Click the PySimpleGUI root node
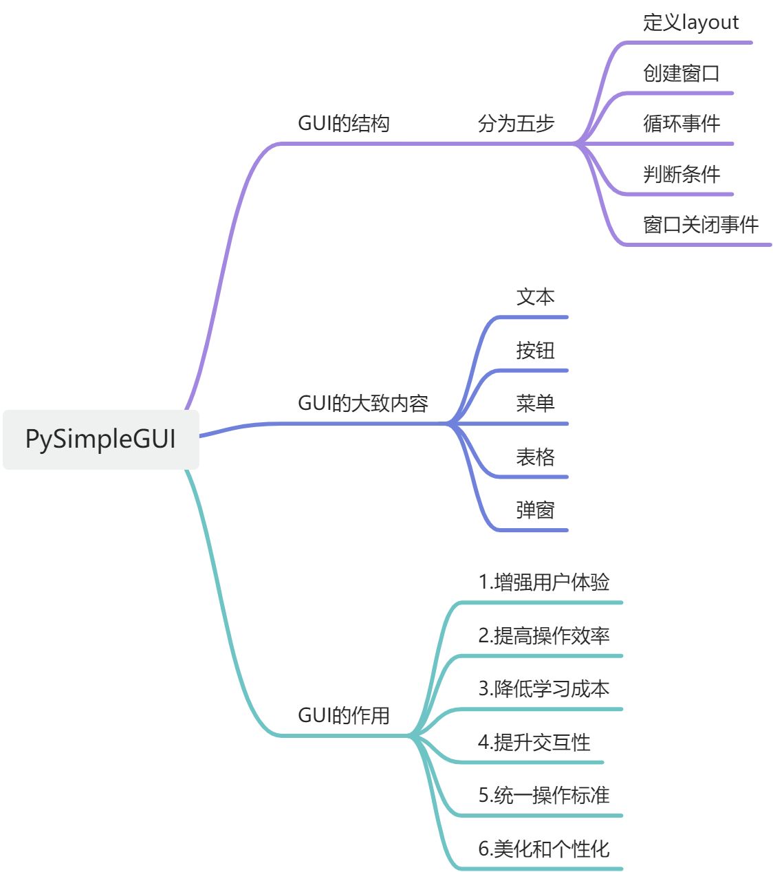pyautogui.click(x=100, y=439)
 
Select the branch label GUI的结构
pyautogui.click(x=343, y=124)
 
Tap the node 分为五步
pyautogui.click(x=516, y=124)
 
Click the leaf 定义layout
pyautogui.click(x=690, y=23)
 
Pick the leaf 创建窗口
pyautogui.click(x=681, y=73)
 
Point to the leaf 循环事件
pyautogui.click(x=681, y=124)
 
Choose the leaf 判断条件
pyautogui.click(x=681, y=175)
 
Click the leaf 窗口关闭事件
pyautogui.click(x=700, y=225)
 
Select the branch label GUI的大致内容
pyautogui.click(x=362, y=403)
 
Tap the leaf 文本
pyautogui.click(x=535, y=297)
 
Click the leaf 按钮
pyautogui.click(x=535, y=351)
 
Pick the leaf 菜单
pyautogui.click(x=535, y=403)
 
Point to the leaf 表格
pyautogui.click(x=535, y=457)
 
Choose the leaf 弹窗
pyautogui.click(x=535, y=510)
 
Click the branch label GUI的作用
pyautogui.click(x=343, y=715)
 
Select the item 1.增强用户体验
pyautogui.click(x=543, y=582)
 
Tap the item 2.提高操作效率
pyautogui.click(x=543, y=636)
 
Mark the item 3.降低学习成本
pyautogui.click(x=543, y=689)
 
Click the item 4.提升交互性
pyautogui.click(x=534, y=743)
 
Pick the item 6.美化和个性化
pyautogui.click(x=543, y=849)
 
